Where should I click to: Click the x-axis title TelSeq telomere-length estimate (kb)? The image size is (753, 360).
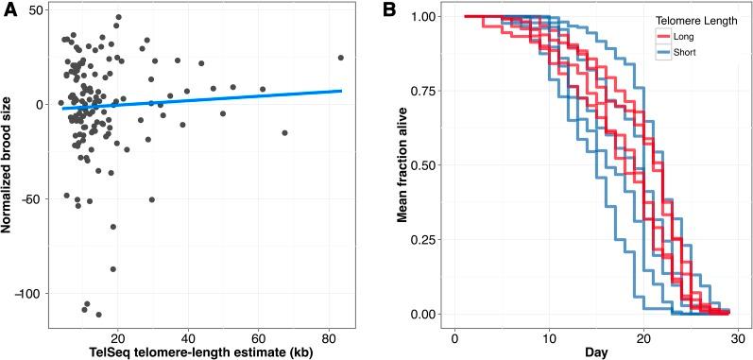pos(199,351)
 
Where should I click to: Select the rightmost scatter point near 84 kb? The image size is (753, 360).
pos(341,58)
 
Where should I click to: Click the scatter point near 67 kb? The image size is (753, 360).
pos(284,132)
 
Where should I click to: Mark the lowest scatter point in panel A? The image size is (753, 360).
pos(98,315)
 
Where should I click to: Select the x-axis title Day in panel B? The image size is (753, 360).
pos(596,351)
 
